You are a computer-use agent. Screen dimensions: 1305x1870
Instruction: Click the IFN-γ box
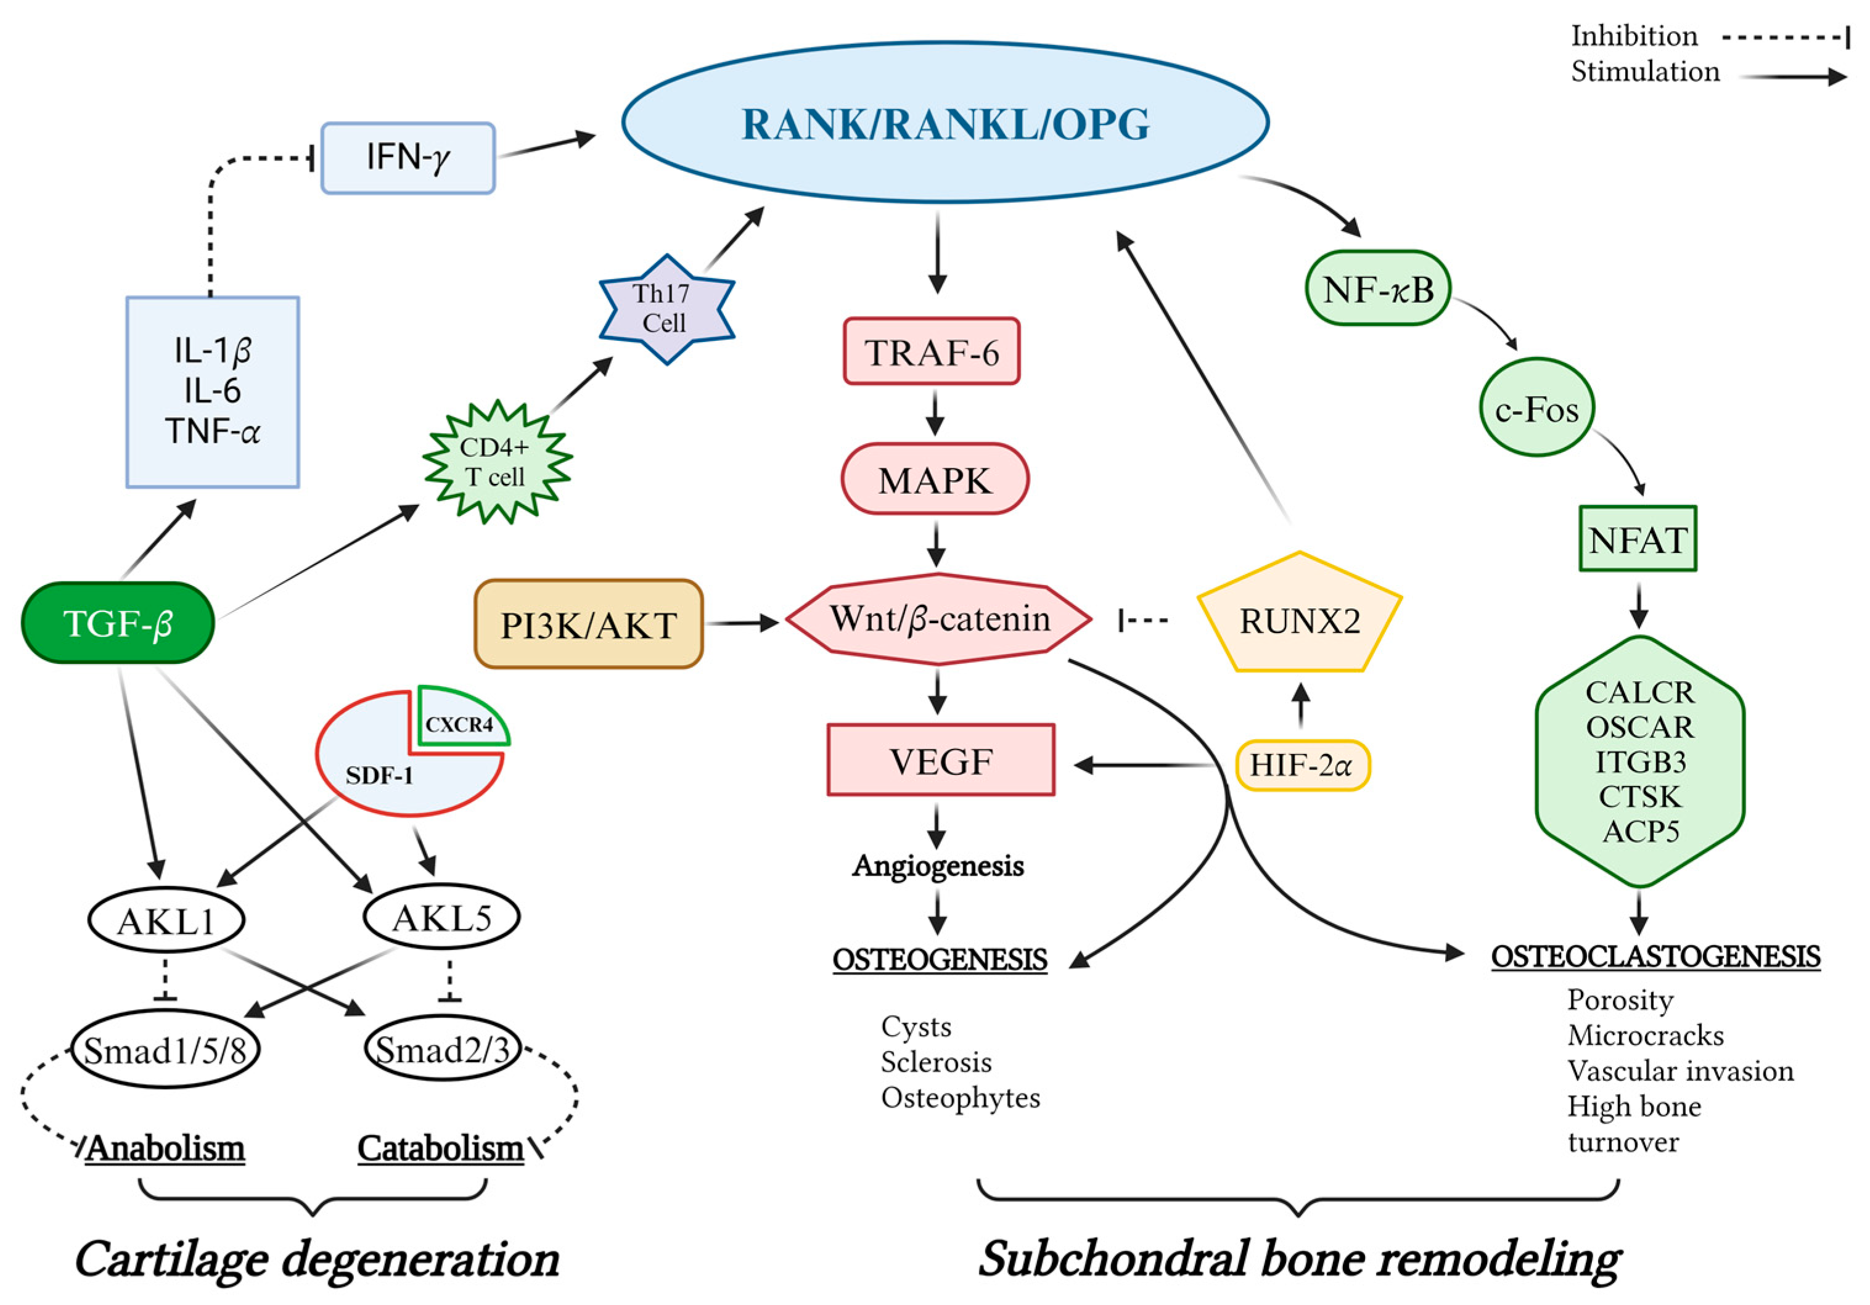pyautogui.click(x=407, y=158)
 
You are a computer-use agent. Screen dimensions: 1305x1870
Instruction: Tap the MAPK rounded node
pyautogui.click(x=934, y=480)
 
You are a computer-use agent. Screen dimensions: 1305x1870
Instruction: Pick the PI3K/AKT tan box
pyautogui.click(x=588, y=624)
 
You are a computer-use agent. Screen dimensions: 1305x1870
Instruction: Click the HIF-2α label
pyautogui.click(x=1302, y=765)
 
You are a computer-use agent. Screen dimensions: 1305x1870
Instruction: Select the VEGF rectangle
pyautogui.click(x=941, y=760)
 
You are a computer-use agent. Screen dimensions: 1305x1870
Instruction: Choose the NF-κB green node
pyautogui.click(x=1377, y=289)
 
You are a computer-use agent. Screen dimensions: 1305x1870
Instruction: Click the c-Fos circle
pyautogui.click(x=1536, y=409)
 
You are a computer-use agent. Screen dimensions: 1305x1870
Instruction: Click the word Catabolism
pyautogui.click(x=440, y=1148)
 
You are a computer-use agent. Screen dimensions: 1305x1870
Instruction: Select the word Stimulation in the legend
pyautogui.click(x=1644, y=72)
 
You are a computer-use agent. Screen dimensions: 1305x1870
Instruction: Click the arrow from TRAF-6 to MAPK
pyautogui.click(x=935, y=414)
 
